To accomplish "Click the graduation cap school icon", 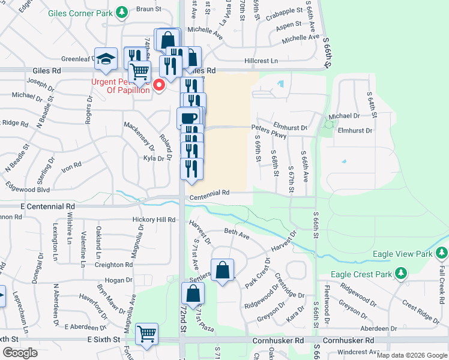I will [106, 59].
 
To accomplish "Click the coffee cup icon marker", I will [188, 118].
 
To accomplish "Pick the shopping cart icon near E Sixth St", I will [146, 334].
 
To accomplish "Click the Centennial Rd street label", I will [210, 193].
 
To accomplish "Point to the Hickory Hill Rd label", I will [154, 220].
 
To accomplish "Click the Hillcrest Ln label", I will [261, 61].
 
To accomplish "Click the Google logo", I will [20, 352].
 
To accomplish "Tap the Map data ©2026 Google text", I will [411, 355].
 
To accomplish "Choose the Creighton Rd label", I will [113, 265].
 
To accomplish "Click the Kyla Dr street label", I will [154, 158].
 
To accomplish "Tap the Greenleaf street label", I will [76, 59].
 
